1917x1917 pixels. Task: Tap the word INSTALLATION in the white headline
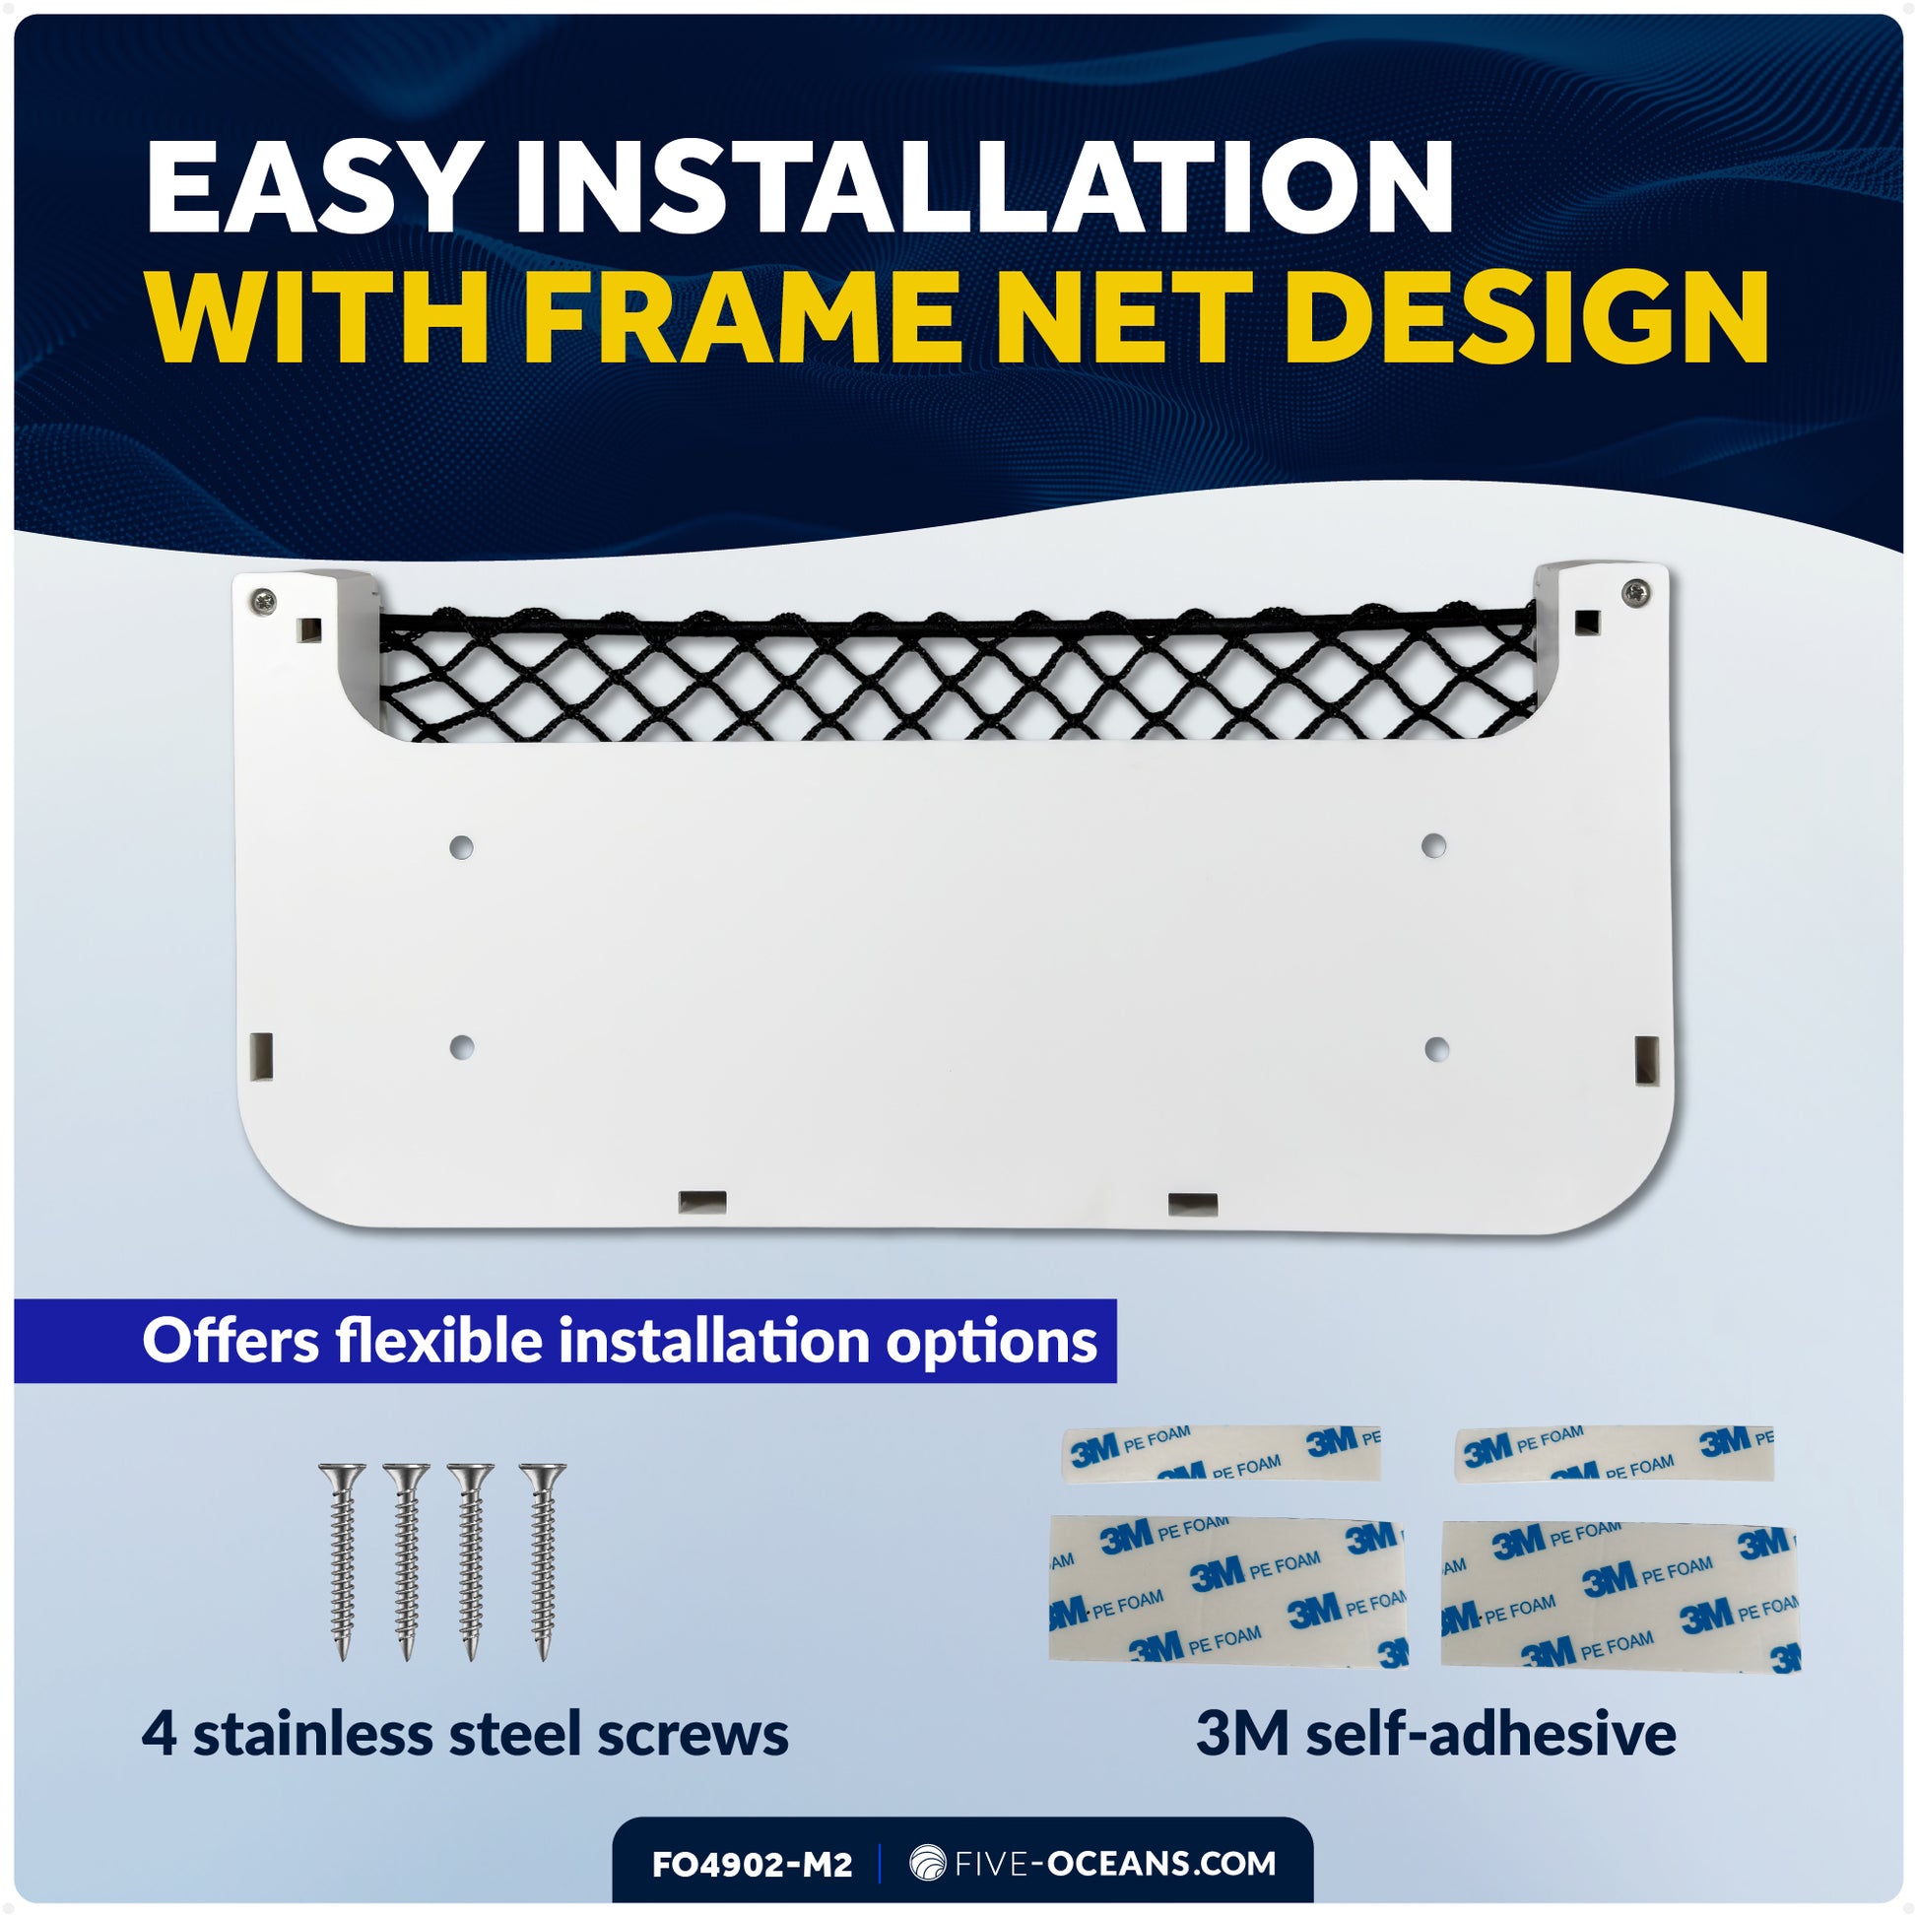[982, 186]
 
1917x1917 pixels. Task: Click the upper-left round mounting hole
[461, 847]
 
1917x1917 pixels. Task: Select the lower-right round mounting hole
[1435, 1049]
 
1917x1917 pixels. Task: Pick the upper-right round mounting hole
[1432, 845]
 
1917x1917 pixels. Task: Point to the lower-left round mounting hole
[461, 1047]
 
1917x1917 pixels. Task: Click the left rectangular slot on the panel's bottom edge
[702, 1203]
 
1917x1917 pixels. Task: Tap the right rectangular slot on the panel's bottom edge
[1194, 1204]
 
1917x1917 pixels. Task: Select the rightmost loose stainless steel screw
[543, 1560]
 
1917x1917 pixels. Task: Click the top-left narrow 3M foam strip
[1221, 1455]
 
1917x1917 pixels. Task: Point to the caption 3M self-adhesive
[1435, 1733]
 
